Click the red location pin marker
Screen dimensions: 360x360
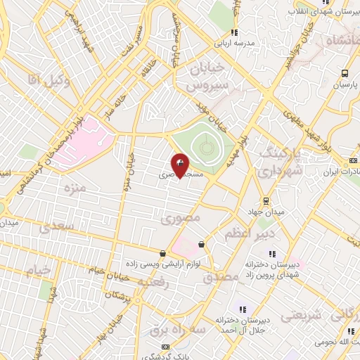tap(180, 166)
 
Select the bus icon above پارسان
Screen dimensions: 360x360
tap(345, 73)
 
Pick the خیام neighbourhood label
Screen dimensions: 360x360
tap(39, 270)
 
